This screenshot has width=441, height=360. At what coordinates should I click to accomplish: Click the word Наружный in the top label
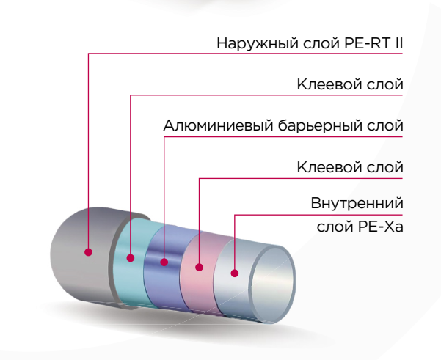[247, 43]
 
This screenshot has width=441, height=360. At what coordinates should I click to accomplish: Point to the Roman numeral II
[398, 43]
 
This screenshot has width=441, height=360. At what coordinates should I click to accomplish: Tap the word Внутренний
[357, 202]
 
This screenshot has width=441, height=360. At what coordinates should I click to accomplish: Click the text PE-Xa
[382, 227]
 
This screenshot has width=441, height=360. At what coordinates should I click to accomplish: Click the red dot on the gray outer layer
[88, 251]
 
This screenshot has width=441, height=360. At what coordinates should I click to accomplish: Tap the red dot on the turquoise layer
[130, 257]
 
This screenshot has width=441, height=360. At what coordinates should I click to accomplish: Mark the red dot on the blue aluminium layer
[164, 262]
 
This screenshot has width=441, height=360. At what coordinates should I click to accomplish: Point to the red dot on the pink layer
[200, 268]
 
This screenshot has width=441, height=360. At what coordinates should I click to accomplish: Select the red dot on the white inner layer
[234, 273]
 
